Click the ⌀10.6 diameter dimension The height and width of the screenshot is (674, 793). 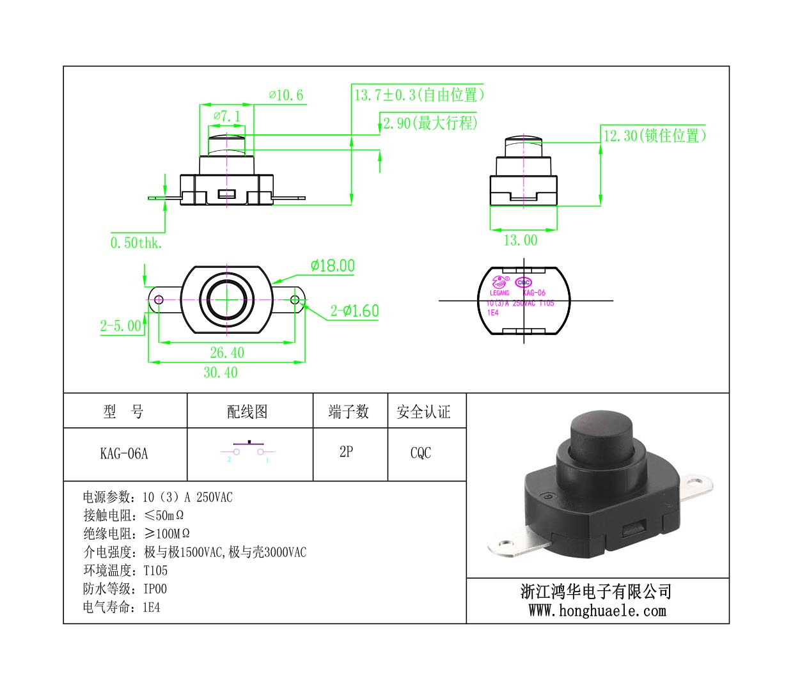pyautogui.click(x=286, y=96)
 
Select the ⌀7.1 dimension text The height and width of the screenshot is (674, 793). pyautogui.click(x=227, y=116)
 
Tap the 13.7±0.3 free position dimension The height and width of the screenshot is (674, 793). pyautogui.click(x=420, y=95)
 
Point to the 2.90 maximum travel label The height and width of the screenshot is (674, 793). pyautogui.click(x=430, y=123)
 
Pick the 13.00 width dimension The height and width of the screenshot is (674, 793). pyautogui.click(x=521, y=240)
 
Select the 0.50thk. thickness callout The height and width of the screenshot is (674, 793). pyautogui.click(x=136, y=243)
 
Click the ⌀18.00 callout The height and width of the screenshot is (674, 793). pyautogui.click(x=333, y=265)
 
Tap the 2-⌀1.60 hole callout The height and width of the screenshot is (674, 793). pyautogui.click(x=355, y=311)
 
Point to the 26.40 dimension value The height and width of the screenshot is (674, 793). pyautogui.click(x=227, y=352)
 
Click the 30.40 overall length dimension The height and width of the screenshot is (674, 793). pyautogui.click(x=220, y=372)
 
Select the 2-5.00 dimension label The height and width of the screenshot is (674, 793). pyautogui.click(x=120, y=326)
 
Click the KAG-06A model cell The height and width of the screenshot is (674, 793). pyautogui.click(x=124, y=454)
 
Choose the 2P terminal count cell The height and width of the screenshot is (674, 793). pyautogui.click(x=346, y=452)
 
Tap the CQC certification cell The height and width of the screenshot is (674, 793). pyautogui.click(x=421, y=453)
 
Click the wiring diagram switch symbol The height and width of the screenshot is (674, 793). pyautogui.click(x=248, y=450)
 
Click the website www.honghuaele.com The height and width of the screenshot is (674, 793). pyautogui.click(x=597, y=611)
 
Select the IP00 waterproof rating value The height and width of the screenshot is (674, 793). pyautogui.click(x=155, y=589)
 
